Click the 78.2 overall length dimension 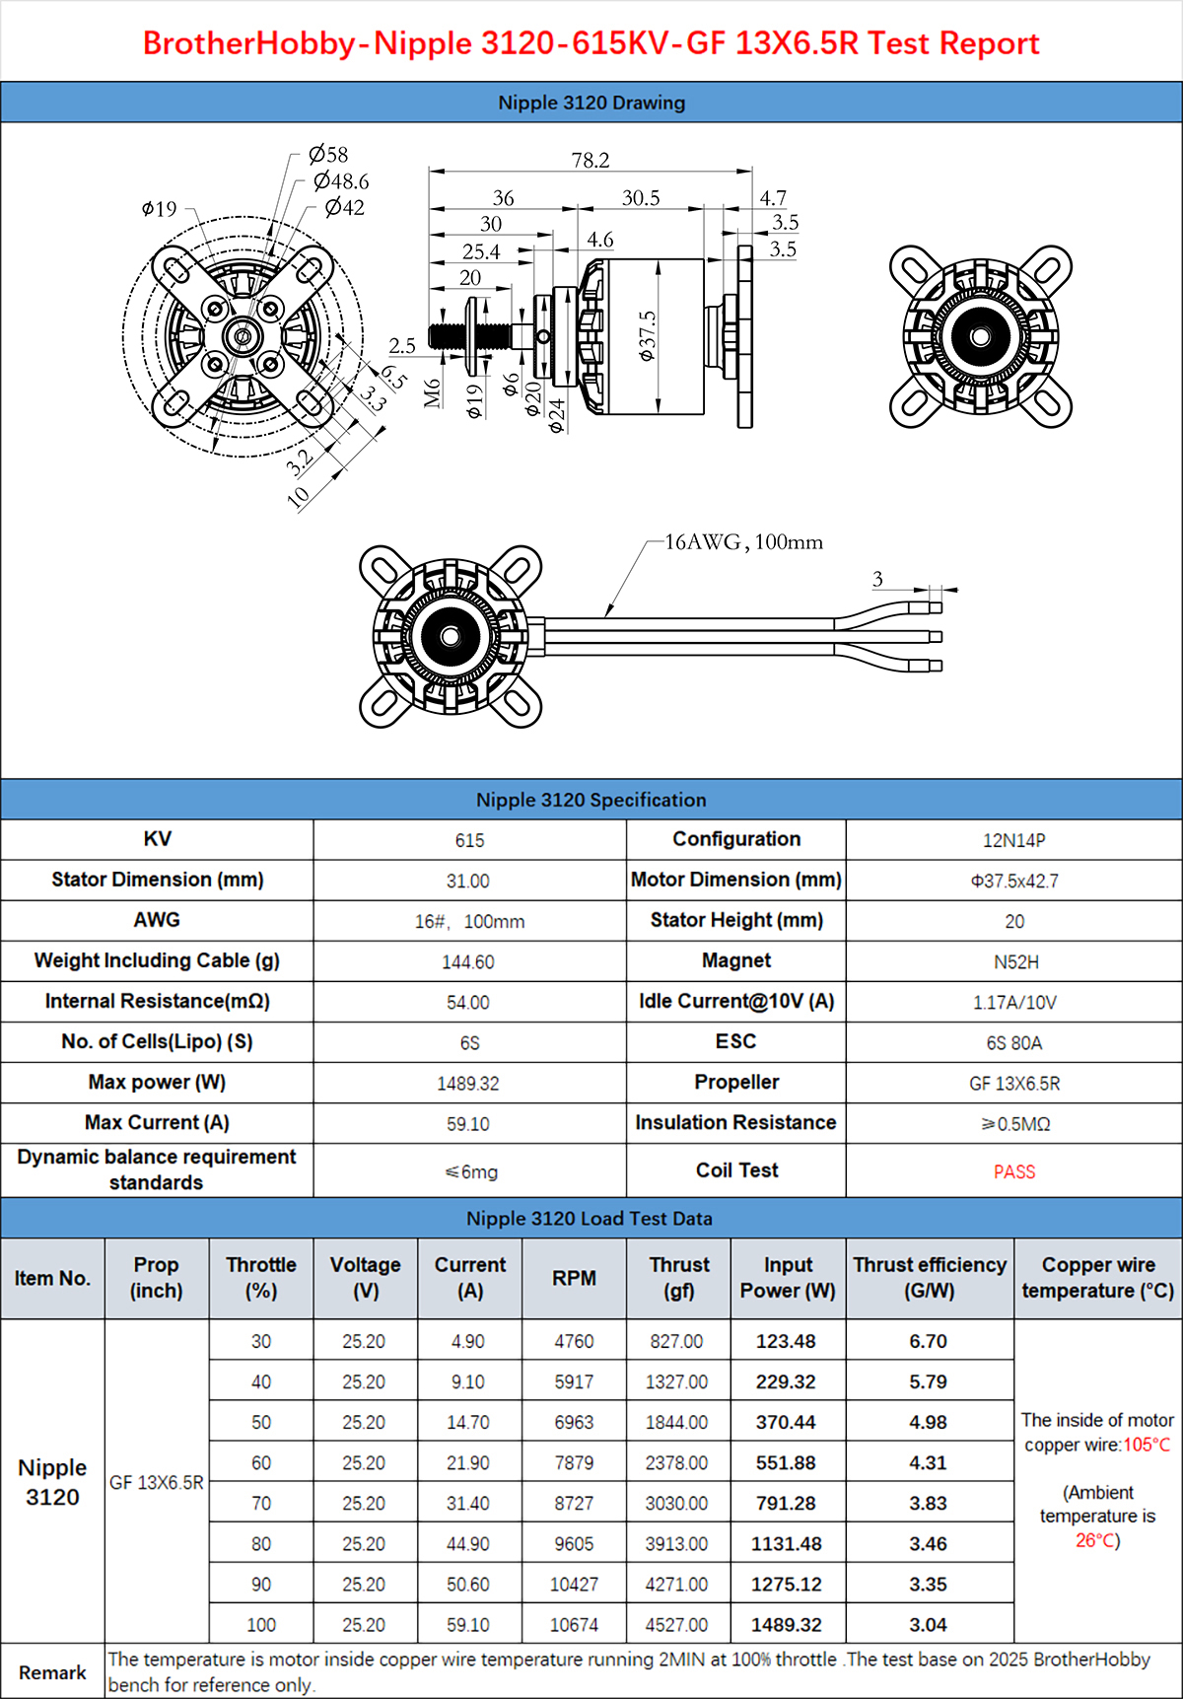pos(591,160)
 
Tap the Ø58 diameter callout pos(328,154)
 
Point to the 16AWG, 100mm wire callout pos(743,542)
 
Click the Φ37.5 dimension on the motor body pos(647,335)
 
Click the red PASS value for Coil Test pos(1013,1171)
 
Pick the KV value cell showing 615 pos(469,840)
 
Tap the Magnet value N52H pos(1015,961)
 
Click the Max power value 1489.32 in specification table pos(468,1083)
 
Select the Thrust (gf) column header pos(678,1277)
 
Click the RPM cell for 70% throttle pos(574,1503)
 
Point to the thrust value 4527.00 pos(676,1624)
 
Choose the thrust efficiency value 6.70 pos(928,1341)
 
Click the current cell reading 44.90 pos(468,1543)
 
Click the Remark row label pos(52,1672)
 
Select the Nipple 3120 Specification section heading pos(591,800)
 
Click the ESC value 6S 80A pos(1013,1042)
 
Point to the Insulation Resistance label pos(735,1122)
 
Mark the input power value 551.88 pos(786,1462)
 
